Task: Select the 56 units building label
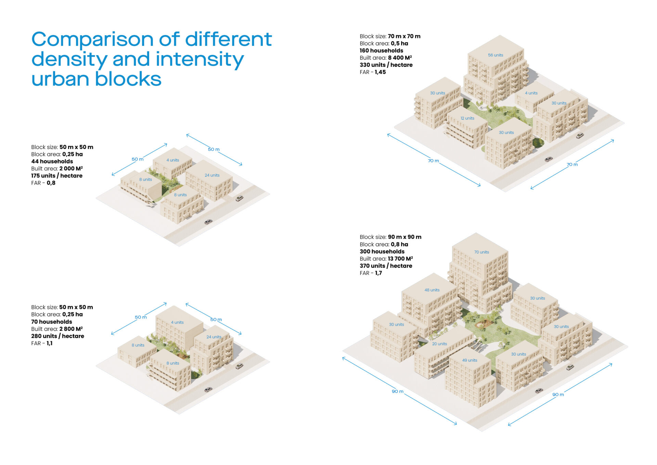point(495,55)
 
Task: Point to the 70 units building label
point(481,252)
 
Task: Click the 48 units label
point(432,290)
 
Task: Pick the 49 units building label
point(469,360)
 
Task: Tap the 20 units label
point(439,344)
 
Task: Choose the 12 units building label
point(467,118)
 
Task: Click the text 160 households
point(381,51)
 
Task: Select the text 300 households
point(382,251)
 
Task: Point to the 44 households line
point(52,161)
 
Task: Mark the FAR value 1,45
point(380,72)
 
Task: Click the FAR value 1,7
point(378,273)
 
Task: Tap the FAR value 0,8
point(51,183)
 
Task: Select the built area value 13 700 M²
point(400,259)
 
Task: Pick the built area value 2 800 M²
point(71,329)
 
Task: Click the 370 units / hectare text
point(386,266)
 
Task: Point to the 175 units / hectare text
point(57,176)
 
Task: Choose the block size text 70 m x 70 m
point(404,36)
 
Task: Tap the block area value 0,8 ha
point(400,244)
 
